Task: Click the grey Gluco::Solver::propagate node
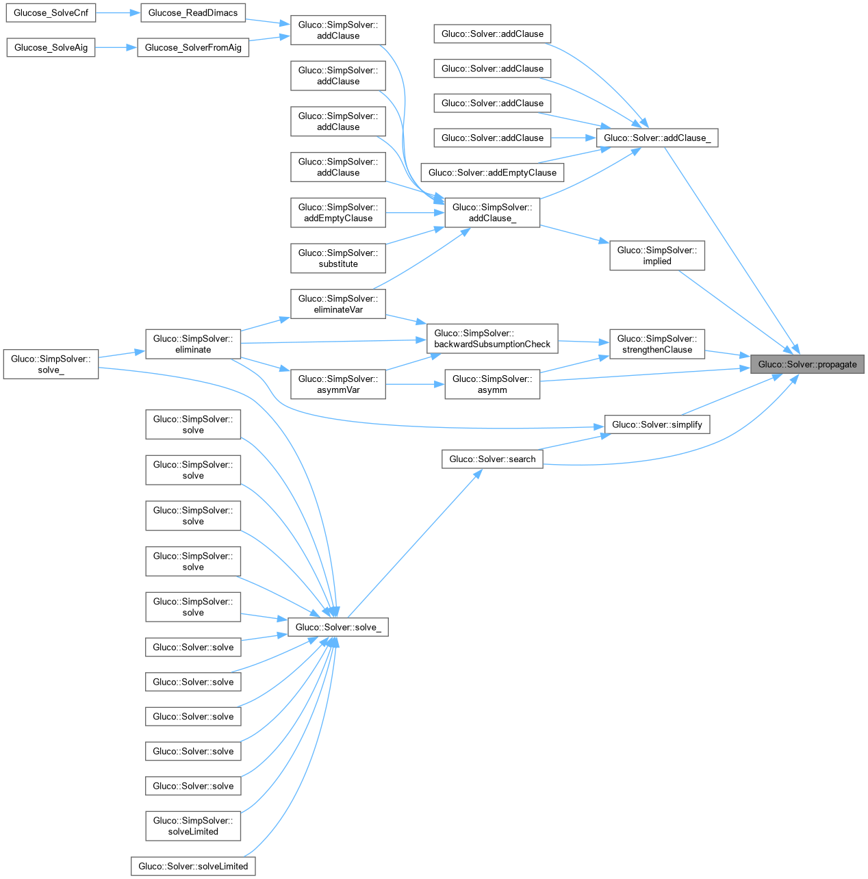pyautogui.click(x=807, y=364)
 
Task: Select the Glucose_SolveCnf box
pyautogui.click(x=51, y=12)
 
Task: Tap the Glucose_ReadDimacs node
pyautogui.click(x=192, y=12)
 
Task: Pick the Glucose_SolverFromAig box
pyautogui.click(x=193, y=47)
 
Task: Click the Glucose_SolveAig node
pyautogui.click(x=51, y=47)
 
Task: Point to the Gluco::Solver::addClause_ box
pyautogui.click(x=656, y=138)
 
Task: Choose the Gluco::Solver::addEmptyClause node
pyautogui.click(x=492, y=173)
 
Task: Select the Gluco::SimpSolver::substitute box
pyautogui.click(x=338, y=258)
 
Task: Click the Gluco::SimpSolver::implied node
pyautogui.click(x=656, y=255)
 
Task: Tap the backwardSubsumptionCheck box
pyautogui.click(x=492, y=338)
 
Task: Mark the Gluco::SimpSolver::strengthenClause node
pyautogui.click(x=656, y=344)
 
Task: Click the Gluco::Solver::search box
pyautogui.click(x=492, y=459)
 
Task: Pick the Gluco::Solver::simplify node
pyautogui.click(x=656, y=424)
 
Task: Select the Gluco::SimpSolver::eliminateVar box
pyautogui.click(x=338, y=304)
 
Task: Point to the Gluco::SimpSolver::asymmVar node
pyautogui.click(x=338, y=384)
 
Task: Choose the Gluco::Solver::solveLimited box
pyautogui.click(x=193, y=866)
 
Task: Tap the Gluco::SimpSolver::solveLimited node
pyautogui.click(x=193, y=826)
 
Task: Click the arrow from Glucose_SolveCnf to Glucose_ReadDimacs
pyautogui.click(x=118, y=12)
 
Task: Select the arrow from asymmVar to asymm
pyautogui.click(x=415, y=384)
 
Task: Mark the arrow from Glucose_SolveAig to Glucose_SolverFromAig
pyautogui.click(x=116, y=47)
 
